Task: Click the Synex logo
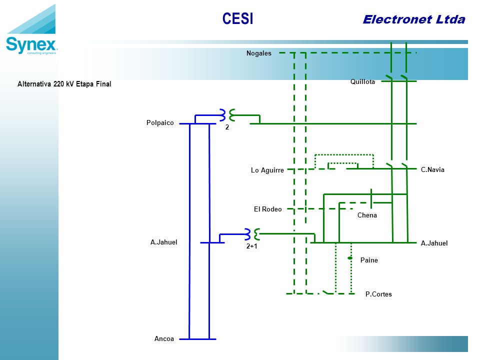[x=31, y=29]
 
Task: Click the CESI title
[x=237, y=18]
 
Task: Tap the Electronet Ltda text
[x=414, y=19]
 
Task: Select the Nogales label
[x=259, y=53]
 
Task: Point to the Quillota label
[x=362, y=81]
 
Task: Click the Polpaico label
[x=160, y=123]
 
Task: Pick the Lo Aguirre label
[x=267, y=170]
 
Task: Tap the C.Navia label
[x=432, y=169]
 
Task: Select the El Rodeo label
[x=268, y=209]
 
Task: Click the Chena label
[x=367, y=215]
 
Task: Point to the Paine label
[x=369, y=260]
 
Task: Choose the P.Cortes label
[x=378, y=294]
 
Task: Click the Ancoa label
[x=164, y=338]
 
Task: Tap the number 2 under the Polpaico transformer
[x=227, y=127]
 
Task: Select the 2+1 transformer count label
[x=251, y=246]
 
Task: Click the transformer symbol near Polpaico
[x=227, y=115]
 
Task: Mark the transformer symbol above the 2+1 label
[x=252, y=234]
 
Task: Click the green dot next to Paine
[x=350, y=258]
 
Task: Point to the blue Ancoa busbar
[x=197, y=339]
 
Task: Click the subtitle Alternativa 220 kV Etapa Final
[x=64, y=84]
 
